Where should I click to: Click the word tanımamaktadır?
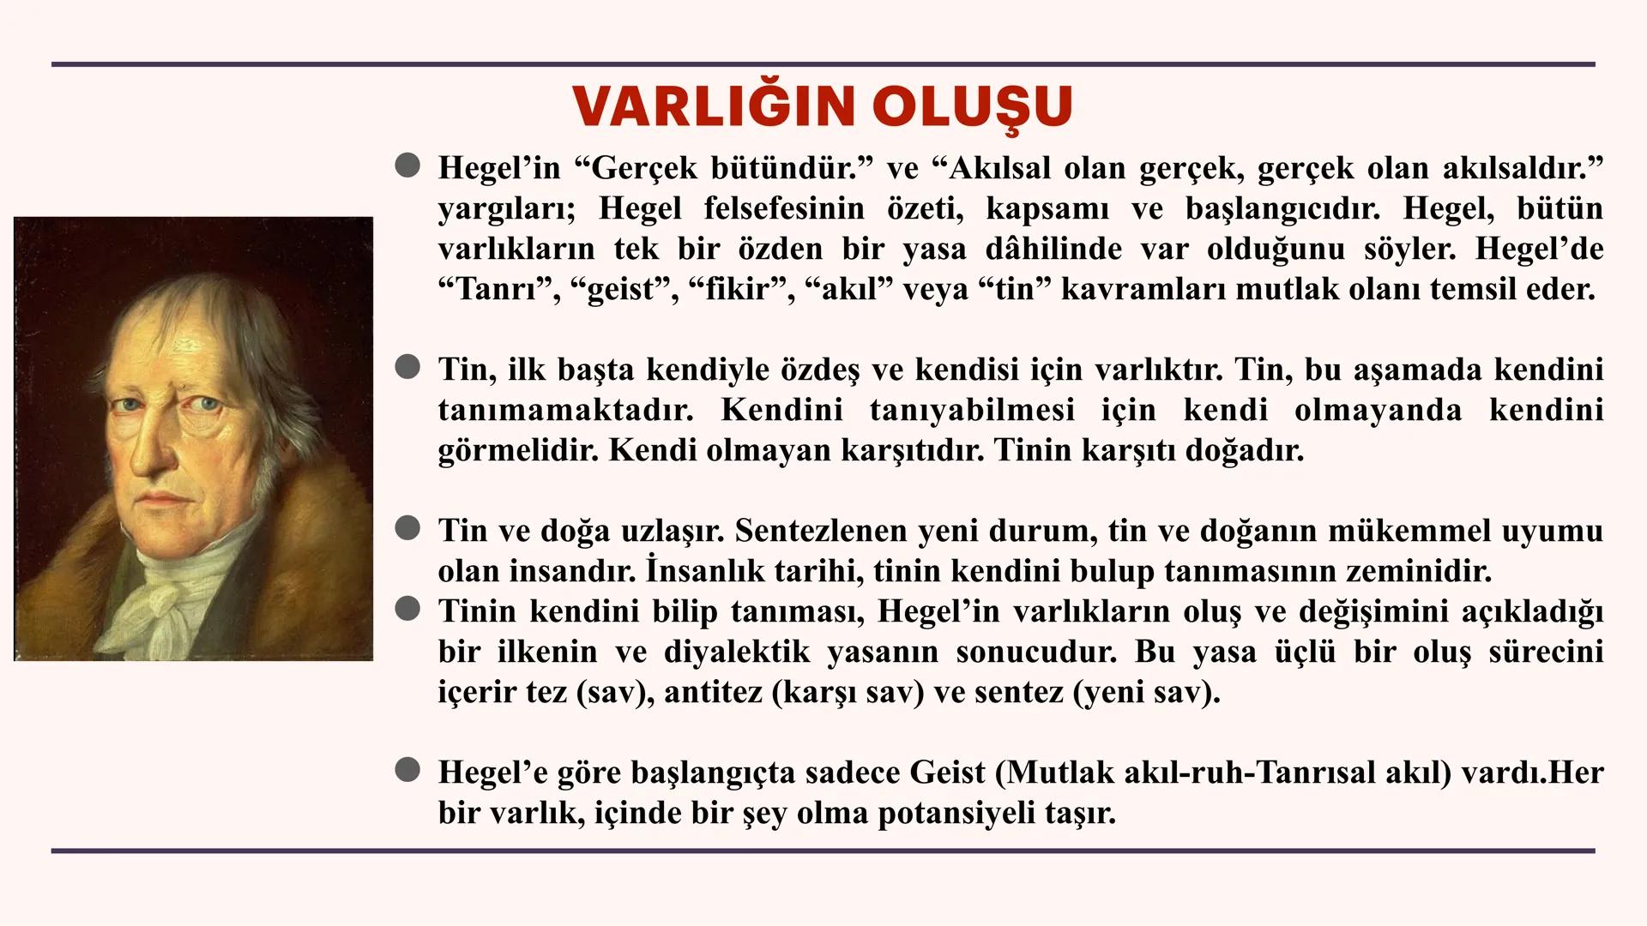[565, 410]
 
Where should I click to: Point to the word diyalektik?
[737, 652]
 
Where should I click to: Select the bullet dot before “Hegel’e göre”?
[407, 772]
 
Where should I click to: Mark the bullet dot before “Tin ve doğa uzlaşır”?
[407, 529]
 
